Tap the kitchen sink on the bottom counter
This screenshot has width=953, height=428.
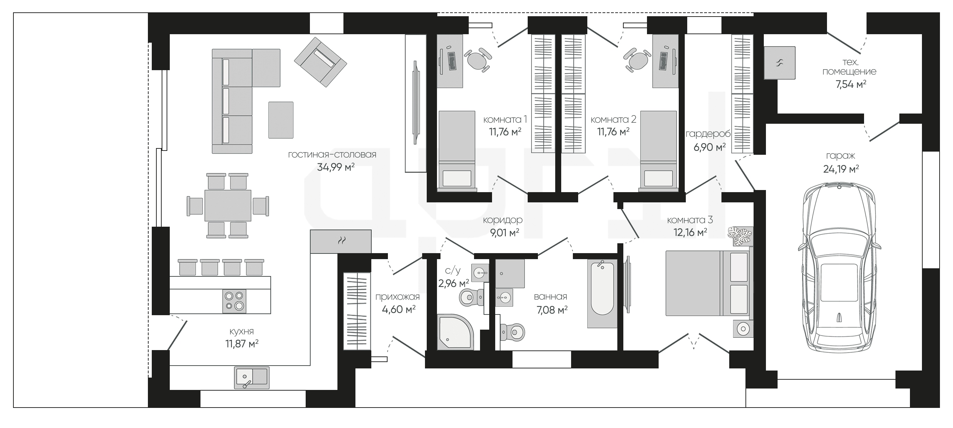tap(252, 377)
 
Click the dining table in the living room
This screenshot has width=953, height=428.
tap(228, 206)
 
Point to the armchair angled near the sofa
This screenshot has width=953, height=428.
tap(320, 62)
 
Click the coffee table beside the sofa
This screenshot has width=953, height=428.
tap(281, 120)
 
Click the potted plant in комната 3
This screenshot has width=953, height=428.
tap(740, 236)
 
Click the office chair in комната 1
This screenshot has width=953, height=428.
tap(478, 59)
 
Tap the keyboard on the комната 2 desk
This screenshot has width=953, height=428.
tap(663, 61)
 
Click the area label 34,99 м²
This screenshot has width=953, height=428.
tap(336, 167)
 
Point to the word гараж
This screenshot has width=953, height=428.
tap(840, 156)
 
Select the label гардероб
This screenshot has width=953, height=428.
tap(708, 134)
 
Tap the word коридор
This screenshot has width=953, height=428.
tap(503, 220)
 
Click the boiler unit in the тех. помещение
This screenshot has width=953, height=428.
tap(780, 62)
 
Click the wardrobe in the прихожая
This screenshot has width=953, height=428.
tap(357, 311)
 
